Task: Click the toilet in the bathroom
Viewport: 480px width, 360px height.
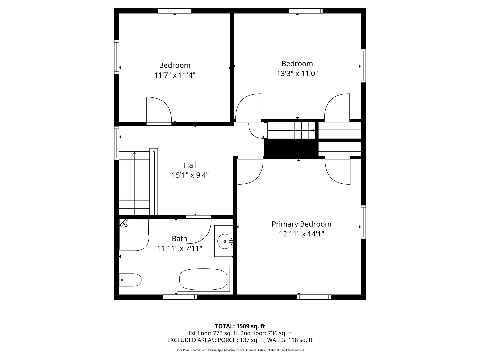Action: [x=130, y=280]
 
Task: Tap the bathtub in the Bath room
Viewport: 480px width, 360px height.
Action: [x=203, y=279]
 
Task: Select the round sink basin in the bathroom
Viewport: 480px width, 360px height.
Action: [x=225, y=241]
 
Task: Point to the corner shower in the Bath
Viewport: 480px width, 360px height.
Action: [x=134, y=235]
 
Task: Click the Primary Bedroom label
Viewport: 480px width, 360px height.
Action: [x=301, y=224]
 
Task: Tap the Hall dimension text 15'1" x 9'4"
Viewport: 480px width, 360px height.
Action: [x=190, y=175]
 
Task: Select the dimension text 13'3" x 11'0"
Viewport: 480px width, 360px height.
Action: [x=297, y=73]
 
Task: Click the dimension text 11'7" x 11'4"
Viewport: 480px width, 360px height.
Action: [x=175, y=75]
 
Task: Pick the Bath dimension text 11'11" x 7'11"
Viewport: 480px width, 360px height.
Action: [x=179, y=249]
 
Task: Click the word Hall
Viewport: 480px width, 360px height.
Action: [x=190, y=165]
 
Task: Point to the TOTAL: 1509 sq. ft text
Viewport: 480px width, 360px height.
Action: [x=240, y=326]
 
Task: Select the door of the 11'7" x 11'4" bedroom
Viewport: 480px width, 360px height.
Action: [x=159, y=111]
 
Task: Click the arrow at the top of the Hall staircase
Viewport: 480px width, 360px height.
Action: [x=134, y=153]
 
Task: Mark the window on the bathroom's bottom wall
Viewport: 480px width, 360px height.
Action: [x=180, y=297]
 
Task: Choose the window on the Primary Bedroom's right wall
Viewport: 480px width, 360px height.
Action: [x=363, y=222]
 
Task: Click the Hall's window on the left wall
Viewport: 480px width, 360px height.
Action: [x=117, y=143]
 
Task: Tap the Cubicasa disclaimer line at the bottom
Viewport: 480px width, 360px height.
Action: [x=240, y=350]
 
